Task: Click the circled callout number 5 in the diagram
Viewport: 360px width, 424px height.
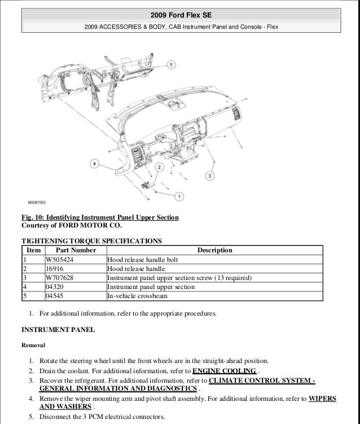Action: coord(171,66)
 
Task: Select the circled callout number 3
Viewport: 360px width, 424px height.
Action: coord(209,177)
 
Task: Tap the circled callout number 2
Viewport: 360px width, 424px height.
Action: coord(160,167)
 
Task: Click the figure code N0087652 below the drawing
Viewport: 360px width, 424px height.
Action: coord(37,202)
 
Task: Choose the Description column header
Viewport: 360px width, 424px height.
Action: coord(214,250)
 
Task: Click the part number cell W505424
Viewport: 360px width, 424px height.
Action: coord(60,260)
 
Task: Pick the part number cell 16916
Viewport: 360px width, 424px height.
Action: coord(55,269)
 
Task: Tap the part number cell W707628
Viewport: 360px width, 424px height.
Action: coord(60,278)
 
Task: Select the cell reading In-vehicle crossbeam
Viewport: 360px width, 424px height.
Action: coord(138,296)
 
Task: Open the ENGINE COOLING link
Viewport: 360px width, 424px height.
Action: coord(225,371)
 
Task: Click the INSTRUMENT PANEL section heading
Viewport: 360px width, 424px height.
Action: coord(58,329)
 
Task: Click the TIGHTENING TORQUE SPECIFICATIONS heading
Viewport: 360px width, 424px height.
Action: coord(91,241)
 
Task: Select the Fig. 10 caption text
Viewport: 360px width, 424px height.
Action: coord(100,217)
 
